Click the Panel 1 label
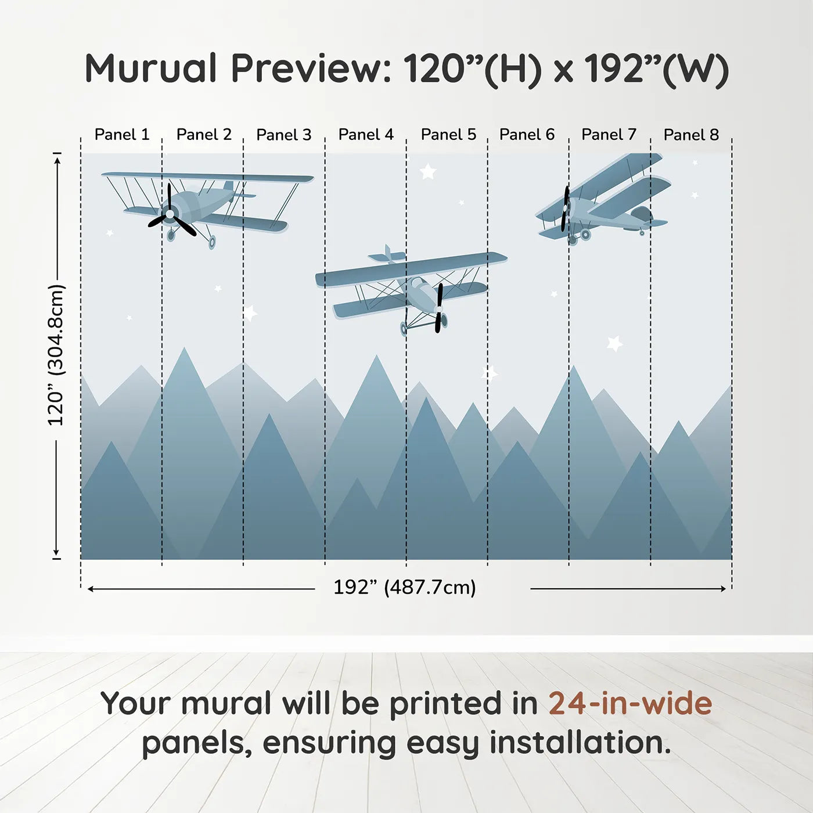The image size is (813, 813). point(122,135)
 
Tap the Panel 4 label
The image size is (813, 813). point(366,135)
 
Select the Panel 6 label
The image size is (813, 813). point(527,135)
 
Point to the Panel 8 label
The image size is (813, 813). point(691,135)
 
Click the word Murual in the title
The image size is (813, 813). point(151,69)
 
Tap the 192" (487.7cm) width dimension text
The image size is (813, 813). point(405,587)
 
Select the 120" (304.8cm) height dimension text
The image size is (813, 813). point(56,355)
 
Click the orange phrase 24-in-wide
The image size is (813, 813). point(630,703)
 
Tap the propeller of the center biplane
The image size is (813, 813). point(439,308)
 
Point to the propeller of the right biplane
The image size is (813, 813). point(565,208)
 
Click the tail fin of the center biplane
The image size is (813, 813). point(387,254)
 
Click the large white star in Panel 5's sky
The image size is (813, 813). point(428,171)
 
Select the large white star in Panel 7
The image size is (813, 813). point(614,343)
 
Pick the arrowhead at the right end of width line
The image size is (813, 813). point(723,589)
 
